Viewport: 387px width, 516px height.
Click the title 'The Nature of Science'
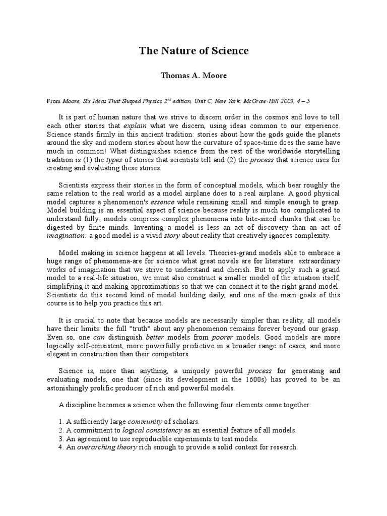click(193, 51)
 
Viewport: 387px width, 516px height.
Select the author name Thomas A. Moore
click(193, 77)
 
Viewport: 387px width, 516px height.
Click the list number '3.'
click(61, 438)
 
